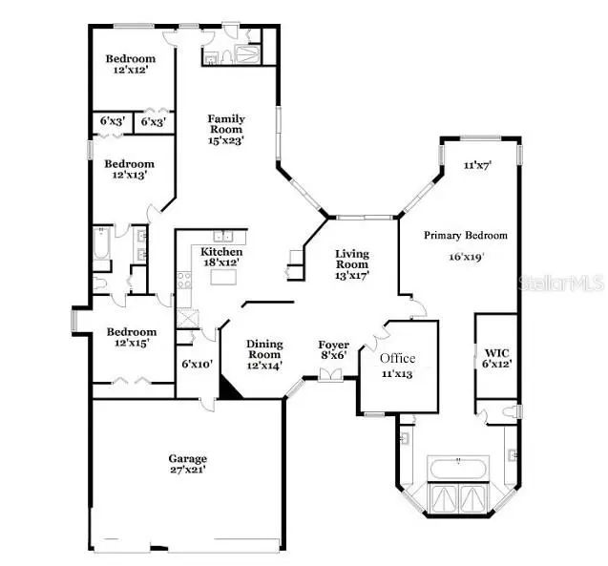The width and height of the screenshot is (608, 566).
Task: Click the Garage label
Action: click(188, 458)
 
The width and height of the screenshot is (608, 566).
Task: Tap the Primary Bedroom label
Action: click(466, 236)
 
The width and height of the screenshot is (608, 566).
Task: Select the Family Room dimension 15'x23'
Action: click(225, 140)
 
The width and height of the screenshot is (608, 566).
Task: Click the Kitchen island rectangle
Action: click(223, 277)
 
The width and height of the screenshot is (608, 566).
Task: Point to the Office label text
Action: click(397, 358)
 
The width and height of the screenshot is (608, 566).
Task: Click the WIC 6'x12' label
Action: click(497, 359)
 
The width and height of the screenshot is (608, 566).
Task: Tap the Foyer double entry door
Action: click(330, 375)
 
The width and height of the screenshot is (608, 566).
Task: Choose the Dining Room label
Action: click(264, 349)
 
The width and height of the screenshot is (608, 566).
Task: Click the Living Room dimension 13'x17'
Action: click(351, 276)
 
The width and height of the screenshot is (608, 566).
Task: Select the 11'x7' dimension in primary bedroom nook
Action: click(477, 165)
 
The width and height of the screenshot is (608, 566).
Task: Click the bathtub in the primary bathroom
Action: click(458, 469)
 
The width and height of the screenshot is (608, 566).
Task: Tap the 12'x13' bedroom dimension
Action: click(130, 175)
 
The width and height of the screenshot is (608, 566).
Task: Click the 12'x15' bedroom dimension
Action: click(132, 343)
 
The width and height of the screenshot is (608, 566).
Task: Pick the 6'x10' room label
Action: click(198, 364)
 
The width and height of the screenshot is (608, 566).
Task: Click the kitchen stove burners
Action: click(184, 281)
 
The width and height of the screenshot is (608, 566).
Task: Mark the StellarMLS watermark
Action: click(561, 283)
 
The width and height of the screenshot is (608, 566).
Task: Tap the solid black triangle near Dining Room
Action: click(229, 388)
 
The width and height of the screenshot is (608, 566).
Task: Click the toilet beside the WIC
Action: click(511, 411)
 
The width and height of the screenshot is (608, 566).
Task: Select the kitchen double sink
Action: click(223, 236)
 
